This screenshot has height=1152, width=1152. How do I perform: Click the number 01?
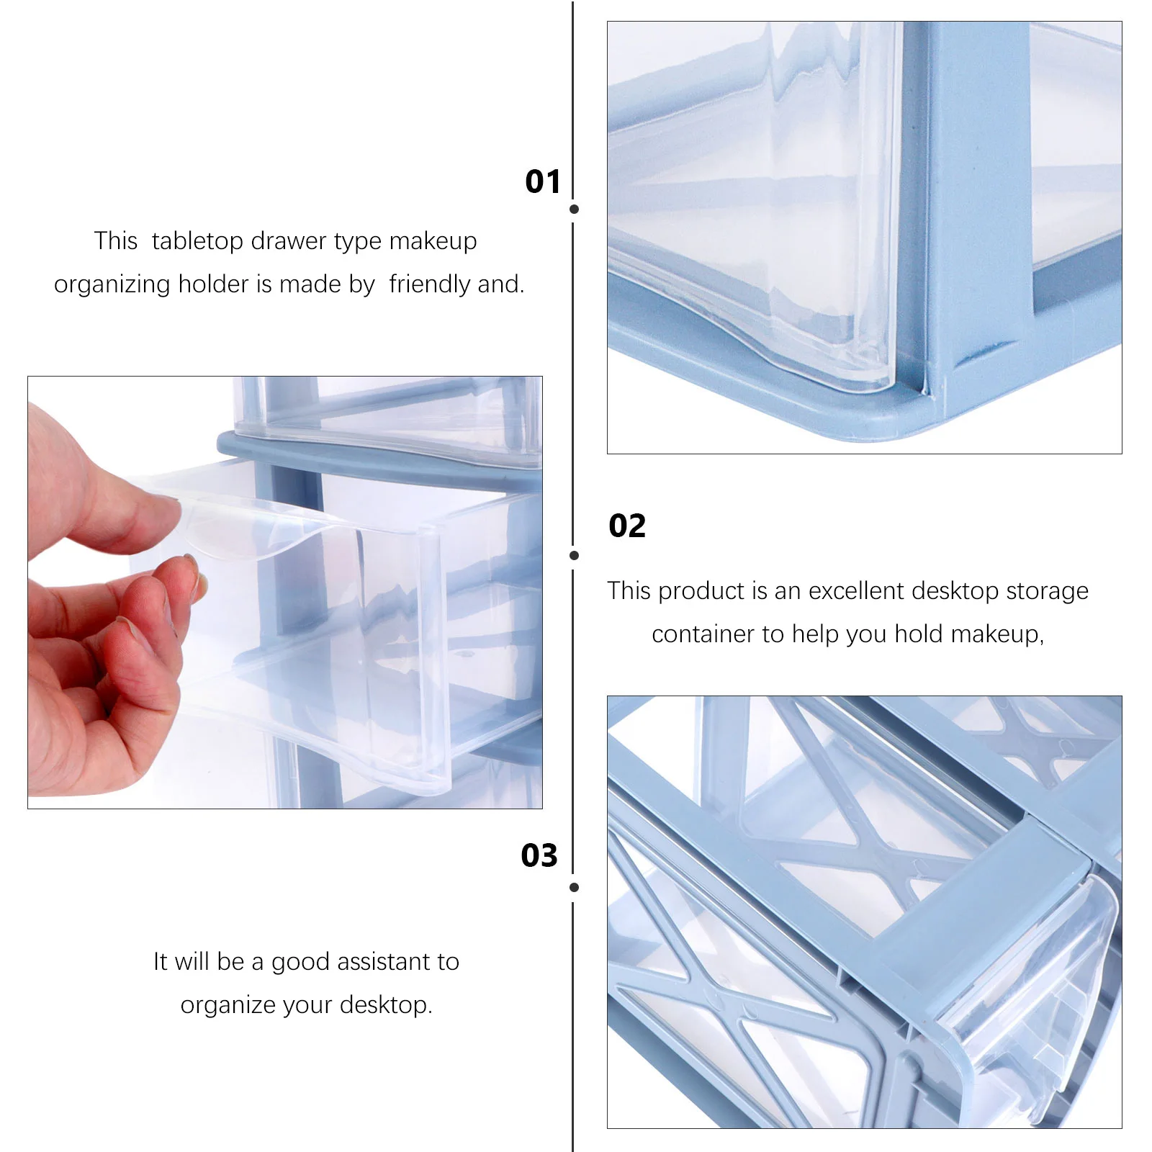click(542, 181)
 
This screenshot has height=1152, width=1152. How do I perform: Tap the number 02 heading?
click(626, 526)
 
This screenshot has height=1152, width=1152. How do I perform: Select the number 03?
click(539, 855)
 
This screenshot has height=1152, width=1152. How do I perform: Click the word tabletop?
click(197, 241)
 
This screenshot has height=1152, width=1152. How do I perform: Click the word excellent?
click(855, 591)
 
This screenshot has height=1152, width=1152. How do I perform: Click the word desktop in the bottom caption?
click(386, 1005)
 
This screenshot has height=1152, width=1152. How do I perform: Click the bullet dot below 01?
click(574, 210)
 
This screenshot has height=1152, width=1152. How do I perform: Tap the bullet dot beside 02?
click(574, 555)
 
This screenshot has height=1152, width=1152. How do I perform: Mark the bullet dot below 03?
click(574, 888)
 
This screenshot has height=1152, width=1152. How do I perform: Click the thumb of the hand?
click(108, 504)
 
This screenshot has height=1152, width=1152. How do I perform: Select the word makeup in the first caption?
click(433, 241)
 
